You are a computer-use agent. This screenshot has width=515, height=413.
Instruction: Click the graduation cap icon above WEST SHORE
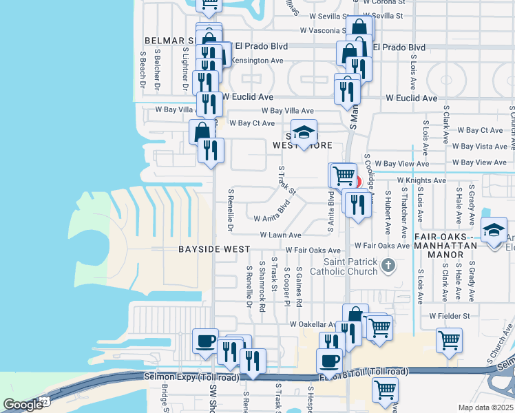click(x=303, y=131)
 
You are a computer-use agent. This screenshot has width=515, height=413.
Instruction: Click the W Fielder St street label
click(x=449, y=316)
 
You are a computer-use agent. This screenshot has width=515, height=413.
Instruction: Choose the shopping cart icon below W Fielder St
click(x=449, y=339)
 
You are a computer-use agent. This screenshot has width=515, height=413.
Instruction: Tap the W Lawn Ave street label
click(x=280, y=235)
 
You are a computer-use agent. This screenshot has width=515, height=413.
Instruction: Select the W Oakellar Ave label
click(x=313, y=324)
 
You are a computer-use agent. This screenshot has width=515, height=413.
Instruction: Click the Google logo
click(x=23, y=405)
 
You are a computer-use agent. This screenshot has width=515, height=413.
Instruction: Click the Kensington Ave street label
click(x=257, y=61)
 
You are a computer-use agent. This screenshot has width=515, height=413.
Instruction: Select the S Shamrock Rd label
click(x=262, y=286)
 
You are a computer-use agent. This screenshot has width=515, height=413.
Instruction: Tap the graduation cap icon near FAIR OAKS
click(x=494, y=231)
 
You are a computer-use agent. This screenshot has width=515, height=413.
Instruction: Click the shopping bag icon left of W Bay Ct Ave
click(x=202, y=131)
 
